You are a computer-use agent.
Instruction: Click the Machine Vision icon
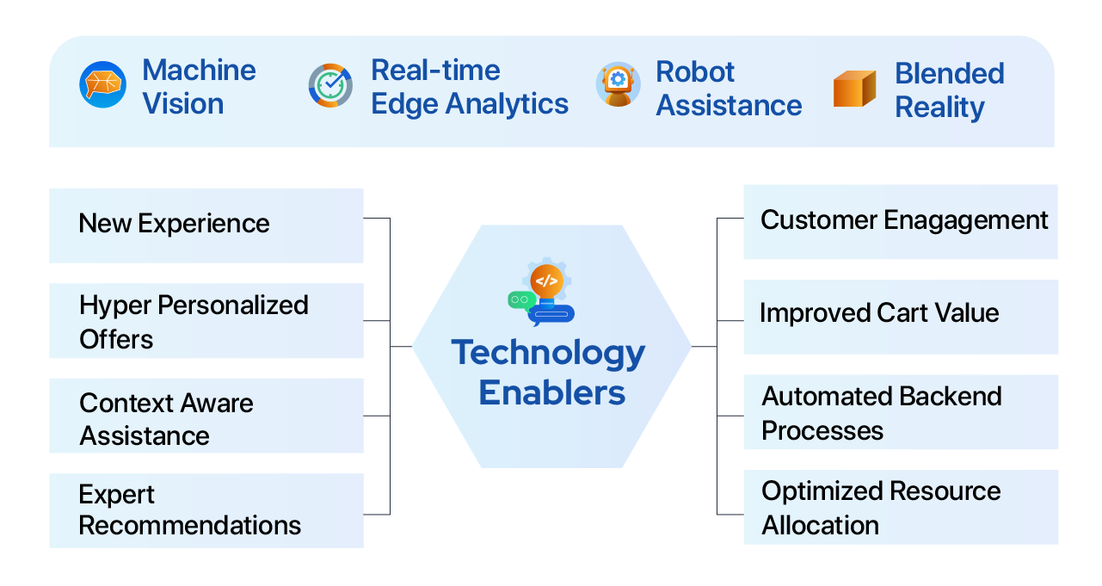coord(102,85)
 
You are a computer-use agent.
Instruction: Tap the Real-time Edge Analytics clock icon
coord(330,85)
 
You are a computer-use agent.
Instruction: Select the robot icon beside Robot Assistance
coord(618,85)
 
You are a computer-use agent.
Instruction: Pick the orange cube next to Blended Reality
coord(854,89)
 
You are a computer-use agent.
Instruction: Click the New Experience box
coord(206,225)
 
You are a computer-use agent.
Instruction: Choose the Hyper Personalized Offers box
coord(206,321)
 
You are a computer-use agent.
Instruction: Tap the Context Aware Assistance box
coord(206,416)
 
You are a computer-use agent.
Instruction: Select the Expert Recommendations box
coord(206,510)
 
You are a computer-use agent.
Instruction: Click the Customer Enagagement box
coord(900,221)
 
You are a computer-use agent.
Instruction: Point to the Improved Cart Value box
coord(900,316)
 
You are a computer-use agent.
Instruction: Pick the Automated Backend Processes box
coord(900,412)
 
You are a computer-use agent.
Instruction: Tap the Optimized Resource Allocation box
coord(900,507)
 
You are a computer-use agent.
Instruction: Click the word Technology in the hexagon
coord(548,354)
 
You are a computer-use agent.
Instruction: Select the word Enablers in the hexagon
coord(551,392)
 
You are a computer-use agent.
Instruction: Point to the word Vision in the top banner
coord(182,104)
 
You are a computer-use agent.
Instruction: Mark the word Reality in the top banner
coord(939,108)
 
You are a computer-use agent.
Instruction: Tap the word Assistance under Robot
coord(729,106)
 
